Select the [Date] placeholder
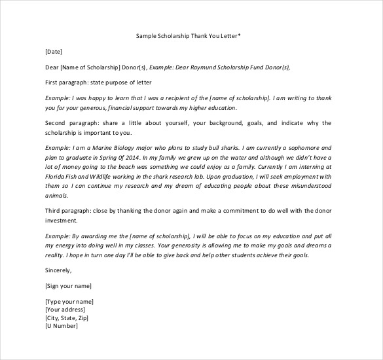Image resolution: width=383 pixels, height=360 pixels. pos(54,51)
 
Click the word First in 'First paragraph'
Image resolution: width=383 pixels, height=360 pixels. pos(52,82)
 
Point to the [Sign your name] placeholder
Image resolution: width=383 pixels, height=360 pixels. pos(68,285)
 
